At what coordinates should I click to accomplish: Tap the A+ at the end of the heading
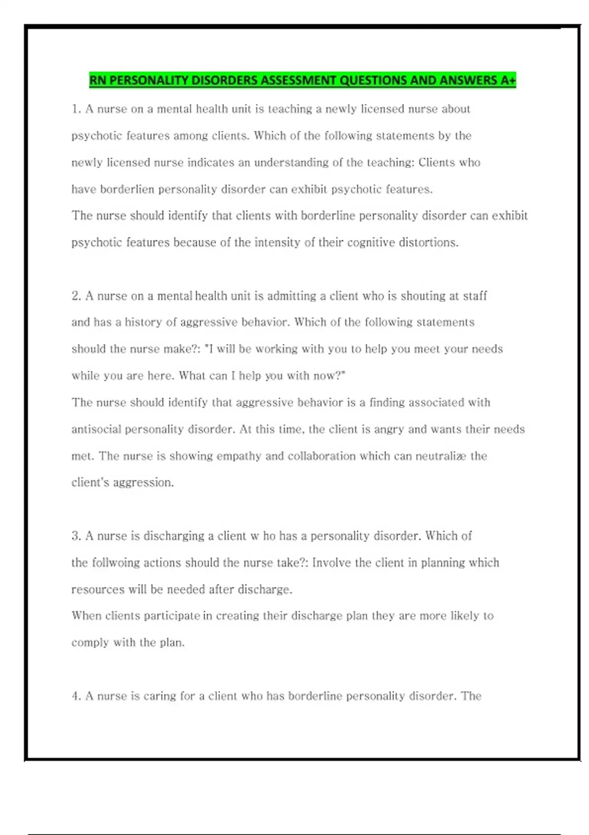pyautogui.click(x=508, y=80)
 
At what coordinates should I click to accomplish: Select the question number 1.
pyautogui.click(x=76, y=109)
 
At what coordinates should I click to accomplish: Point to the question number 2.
pyautogui.click(x=76, y=296)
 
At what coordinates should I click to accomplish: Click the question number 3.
pyautogui.click(x=76, y=536)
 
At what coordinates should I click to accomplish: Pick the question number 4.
pyautogui.click(x=76, y=696)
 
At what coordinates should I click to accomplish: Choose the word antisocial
pyautogui.click(x=96, y=429)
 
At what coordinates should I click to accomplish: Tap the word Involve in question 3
pyautogui.click(x=331, y=562)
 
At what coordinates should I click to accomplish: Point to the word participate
pyautogui.click(x=172, y=616)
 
